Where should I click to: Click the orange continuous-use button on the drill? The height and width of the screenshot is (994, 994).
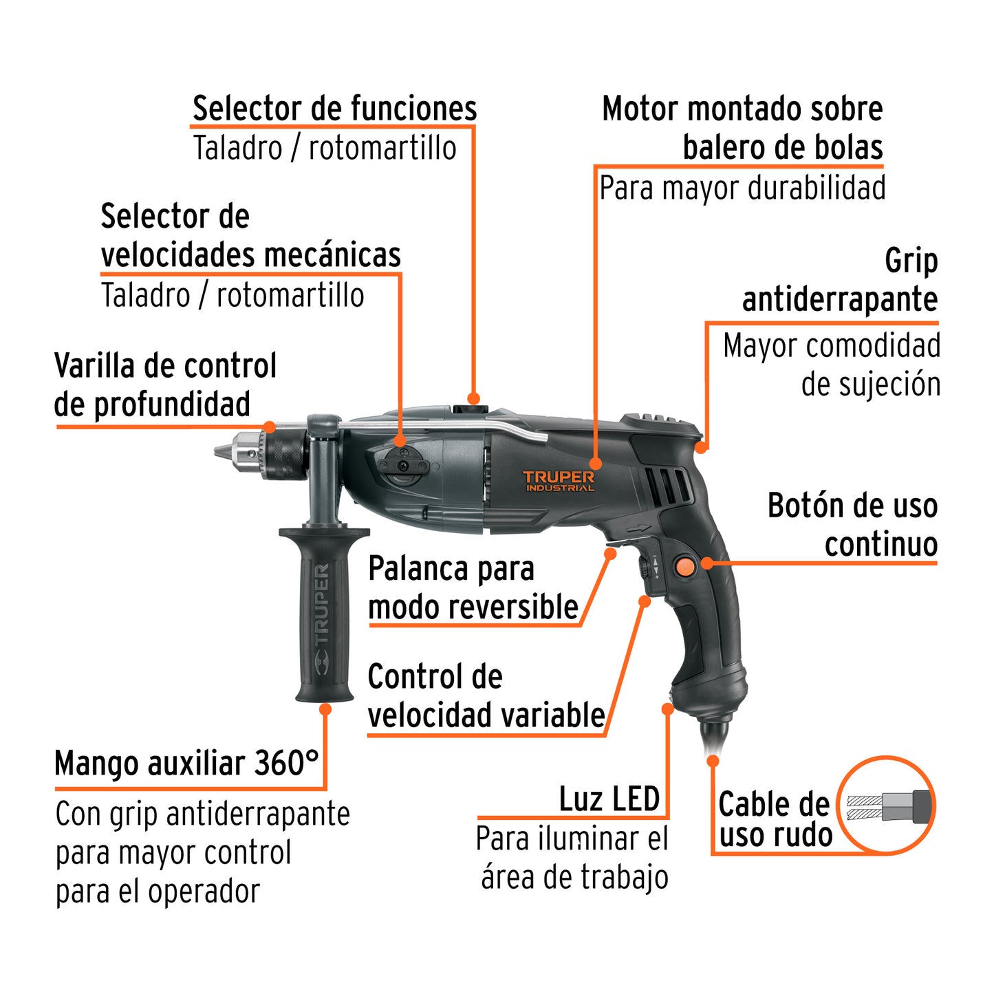pyautogui.click(x=684, y=566)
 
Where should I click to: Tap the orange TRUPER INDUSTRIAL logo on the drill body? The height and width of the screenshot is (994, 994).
pyautogui.click(x=558, y=481)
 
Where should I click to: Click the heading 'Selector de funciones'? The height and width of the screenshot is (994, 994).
pyautogui.click(x=334, y=109)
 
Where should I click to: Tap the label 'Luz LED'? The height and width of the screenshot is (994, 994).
pyautogui.click(x=609, y=799)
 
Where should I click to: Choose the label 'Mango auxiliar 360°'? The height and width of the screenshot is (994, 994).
pyautogui.click(x=186, y=764)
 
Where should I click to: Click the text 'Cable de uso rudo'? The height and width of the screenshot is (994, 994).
pyautogui.click(x=775, y=819)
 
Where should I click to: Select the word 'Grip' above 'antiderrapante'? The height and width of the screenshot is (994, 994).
pyautogui.click(x=911, y=261)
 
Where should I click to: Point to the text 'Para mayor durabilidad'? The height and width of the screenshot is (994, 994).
pyautogui.click(x=742, y=188)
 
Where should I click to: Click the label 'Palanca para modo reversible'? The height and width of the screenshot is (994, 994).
pyautogui.click(x=473, y=588)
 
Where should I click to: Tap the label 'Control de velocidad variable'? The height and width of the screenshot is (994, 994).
pyautogui.click(x=486, y=696)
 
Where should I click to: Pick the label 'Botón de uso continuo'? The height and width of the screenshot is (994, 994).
pyautogui.click(x=853, y=525)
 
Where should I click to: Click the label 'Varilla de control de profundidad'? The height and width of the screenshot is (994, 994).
pyautogui.click(x=165, y=385)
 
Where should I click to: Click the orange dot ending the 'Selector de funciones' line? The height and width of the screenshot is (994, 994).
pyautogui.click(x=473, y=398)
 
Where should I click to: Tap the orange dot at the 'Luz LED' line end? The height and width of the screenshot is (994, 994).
pyautogui.click(x=667, y=709)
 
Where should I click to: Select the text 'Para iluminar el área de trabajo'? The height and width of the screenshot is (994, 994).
pyautogui.click(x=572, y=858)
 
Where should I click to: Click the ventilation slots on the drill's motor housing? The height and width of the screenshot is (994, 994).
pyautogui.click(x=668, y=484)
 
